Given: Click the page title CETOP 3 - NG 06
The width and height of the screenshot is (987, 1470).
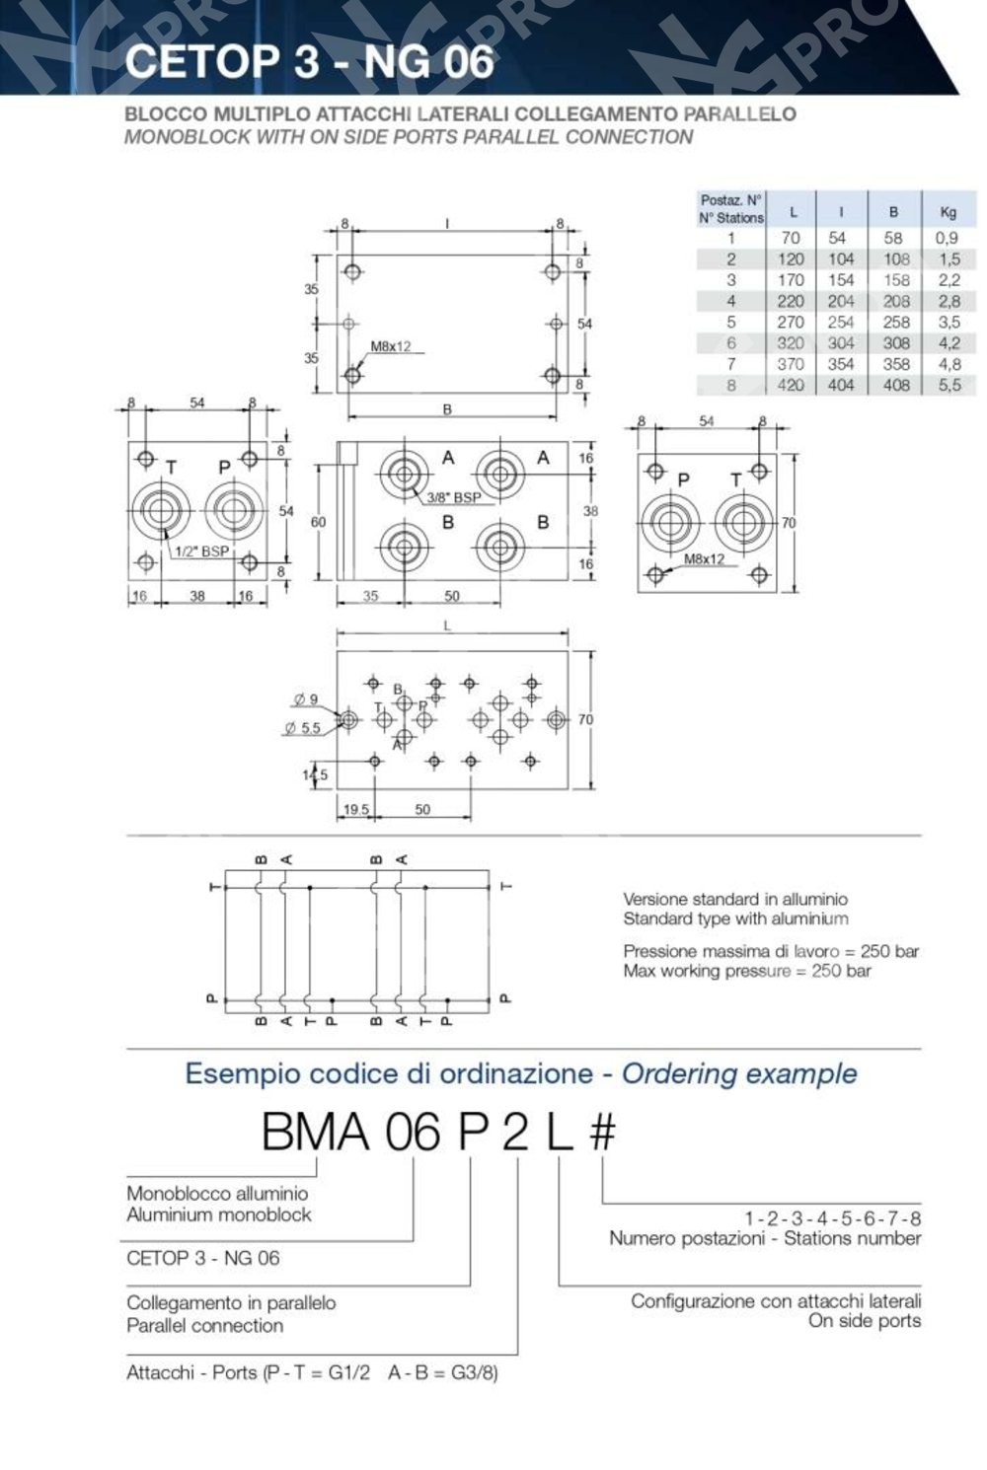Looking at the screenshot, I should [309, 61].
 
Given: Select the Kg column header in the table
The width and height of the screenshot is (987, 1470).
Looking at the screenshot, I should [948, 211].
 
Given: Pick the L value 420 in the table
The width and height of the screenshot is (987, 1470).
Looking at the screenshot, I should [791, 385].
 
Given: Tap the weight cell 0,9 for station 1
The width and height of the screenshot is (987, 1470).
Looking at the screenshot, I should [946, 238].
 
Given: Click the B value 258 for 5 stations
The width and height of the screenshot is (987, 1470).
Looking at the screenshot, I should [895, 323].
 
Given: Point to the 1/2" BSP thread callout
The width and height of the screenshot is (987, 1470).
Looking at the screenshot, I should [201, 551].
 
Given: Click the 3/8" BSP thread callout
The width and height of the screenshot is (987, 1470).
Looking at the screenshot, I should [454, 497].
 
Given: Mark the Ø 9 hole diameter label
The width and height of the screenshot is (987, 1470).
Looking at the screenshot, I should [305, 699].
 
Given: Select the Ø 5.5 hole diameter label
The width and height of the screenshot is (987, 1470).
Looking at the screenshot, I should [302, 728].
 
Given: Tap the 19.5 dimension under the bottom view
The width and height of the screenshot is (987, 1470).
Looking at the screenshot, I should [355, 809].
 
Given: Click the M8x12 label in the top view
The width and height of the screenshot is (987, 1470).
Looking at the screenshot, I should [391, 346].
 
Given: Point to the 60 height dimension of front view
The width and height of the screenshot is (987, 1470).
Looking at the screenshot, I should [318, 521].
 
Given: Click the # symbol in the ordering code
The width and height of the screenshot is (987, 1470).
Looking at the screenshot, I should [602, 1132].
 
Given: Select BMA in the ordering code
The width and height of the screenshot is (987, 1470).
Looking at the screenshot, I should [316, 1132].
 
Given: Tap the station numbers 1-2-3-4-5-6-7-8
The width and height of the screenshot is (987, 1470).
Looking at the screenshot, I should [832, 1217].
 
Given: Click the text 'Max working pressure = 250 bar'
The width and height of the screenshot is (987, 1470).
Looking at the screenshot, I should [746, 971].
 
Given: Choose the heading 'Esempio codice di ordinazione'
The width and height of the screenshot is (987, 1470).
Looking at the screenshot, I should [389, 1073].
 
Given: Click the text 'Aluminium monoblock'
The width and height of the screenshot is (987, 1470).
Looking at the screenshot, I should [218, 1214].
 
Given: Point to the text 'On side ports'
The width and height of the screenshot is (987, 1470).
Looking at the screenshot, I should [864, 1321].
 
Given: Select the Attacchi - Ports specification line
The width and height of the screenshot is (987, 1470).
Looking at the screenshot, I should [312, 1372].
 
